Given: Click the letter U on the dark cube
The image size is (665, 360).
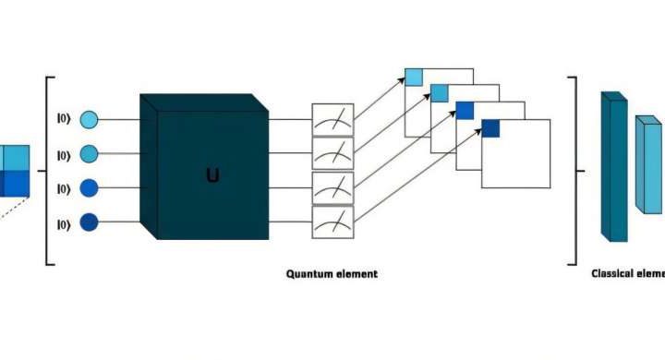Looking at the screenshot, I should click(x=212, y=174).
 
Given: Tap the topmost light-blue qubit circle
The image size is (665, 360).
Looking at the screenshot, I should click(x=89, y=120).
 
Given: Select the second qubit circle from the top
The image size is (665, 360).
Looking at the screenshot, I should click(x=89, y=153).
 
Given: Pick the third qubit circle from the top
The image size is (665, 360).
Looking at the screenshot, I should click(x=89, y=188).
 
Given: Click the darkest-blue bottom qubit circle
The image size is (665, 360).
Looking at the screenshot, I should click(x=89, y=223).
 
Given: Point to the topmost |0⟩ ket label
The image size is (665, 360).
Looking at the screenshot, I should click(x=63, y=120).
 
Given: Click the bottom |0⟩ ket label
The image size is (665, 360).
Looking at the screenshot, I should click(x=63, y=223).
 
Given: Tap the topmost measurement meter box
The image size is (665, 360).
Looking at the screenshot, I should click(x=332, y=119).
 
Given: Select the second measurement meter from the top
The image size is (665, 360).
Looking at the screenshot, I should click(x=332, y=152).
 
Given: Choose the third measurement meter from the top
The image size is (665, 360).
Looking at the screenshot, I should click(x=332, y=187).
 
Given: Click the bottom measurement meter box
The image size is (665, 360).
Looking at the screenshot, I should click(x=332, y=222).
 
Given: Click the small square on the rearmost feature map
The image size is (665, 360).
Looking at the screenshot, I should click(x=414, y=77).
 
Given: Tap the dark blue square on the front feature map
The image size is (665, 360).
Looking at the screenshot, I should click(x=490, y=129).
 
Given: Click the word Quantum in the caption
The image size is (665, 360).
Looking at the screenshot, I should click(x=308, y=274).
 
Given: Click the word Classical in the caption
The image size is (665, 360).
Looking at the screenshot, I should click(x=612, y=273).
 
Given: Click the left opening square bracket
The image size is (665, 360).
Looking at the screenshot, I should click(x=48, y=172).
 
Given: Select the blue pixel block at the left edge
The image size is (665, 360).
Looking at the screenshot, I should click(x=15, y=171).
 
